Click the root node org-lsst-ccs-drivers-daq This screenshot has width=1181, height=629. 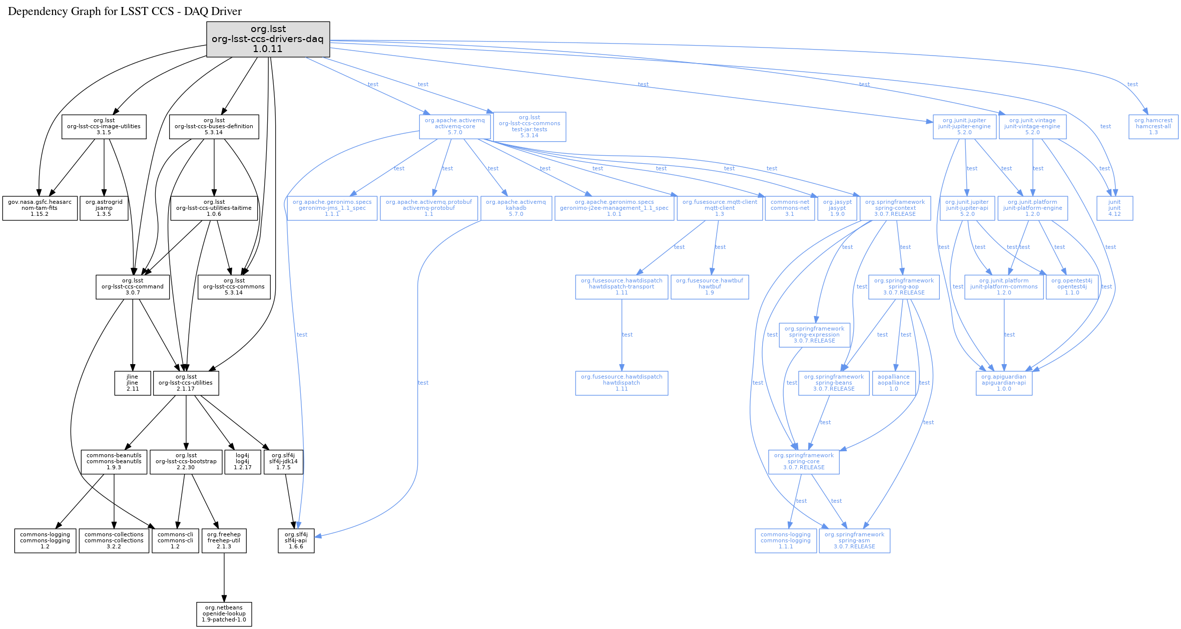pos(268,39)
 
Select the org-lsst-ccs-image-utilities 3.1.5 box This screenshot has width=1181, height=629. pos(104,127)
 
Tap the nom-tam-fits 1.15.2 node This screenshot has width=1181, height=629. pos(40,208)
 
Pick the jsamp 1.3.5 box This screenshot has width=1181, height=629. pos(104,208)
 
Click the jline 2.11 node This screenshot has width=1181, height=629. pos(133,383)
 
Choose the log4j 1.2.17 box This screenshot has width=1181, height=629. pos(243,462)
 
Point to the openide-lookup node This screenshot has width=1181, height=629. pos(224,614)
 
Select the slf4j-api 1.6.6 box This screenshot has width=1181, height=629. pos(296,541)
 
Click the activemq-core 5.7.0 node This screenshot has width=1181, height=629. pos(455,127)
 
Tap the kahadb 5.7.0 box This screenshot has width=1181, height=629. pos(516,208)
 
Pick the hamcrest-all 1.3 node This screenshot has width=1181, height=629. pos(1153,127)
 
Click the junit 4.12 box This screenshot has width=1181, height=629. pos(1114,208)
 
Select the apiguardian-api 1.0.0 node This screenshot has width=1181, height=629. pos(1004,383)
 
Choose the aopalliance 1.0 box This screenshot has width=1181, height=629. pos(894,383)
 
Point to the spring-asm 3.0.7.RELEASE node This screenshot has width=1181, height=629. pos(855,541)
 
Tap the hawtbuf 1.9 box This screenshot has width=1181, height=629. pos(710,287)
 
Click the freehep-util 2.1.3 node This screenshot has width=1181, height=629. pos(224,541)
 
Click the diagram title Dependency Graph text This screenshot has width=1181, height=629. pos(125,12)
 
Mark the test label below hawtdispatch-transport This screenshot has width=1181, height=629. pos(627,335)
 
